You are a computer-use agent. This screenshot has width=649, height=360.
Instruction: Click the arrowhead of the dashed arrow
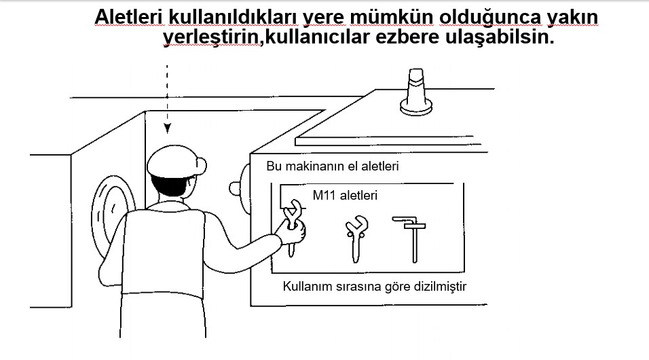pos(167,128)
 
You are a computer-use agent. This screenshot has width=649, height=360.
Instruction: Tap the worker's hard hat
pos(176,162)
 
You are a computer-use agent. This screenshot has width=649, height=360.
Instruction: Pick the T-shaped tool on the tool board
pos(411,239)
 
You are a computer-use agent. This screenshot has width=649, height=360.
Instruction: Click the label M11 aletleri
pos(345,195)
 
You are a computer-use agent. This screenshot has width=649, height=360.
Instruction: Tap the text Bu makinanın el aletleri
pos(333,166)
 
